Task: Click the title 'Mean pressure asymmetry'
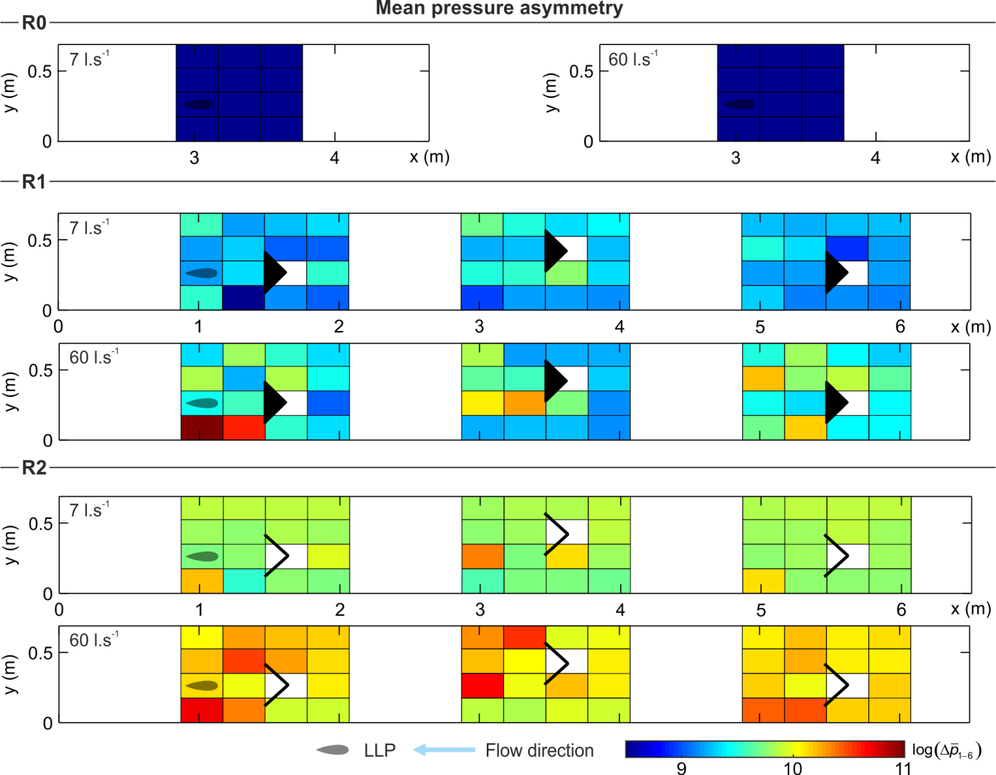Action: [x=499, y=9]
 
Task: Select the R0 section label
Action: [x=34, y=23]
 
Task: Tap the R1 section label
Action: [x=34, y=181]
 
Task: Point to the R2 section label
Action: [x=34, y=467]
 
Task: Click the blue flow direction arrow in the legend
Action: [x=444, y=750]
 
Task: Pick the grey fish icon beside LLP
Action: [x=333, y=750]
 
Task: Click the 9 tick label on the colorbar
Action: [x=681, y=768]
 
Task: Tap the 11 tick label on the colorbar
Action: [x=902, y=768]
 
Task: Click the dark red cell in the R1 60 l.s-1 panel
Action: [x=202, y=427]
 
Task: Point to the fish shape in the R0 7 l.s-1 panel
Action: [x=198, y=104]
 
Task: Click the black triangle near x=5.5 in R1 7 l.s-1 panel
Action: [x=836, y=273]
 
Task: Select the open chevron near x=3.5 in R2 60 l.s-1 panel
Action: [x=556, y=662]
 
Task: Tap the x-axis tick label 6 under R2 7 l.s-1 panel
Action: [x=901, y=610]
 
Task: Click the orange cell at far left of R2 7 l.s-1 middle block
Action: [x=482, y=557]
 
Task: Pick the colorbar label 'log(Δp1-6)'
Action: [x=946, y=751]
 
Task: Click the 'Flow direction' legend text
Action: [x=539, y=750]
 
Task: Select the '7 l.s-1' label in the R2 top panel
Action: [x=89, y=510]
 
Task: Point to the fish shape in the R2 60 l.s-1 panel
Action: [x=202, y=686]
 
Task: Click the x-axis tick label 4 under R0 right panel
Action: [x=876, y=157]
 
